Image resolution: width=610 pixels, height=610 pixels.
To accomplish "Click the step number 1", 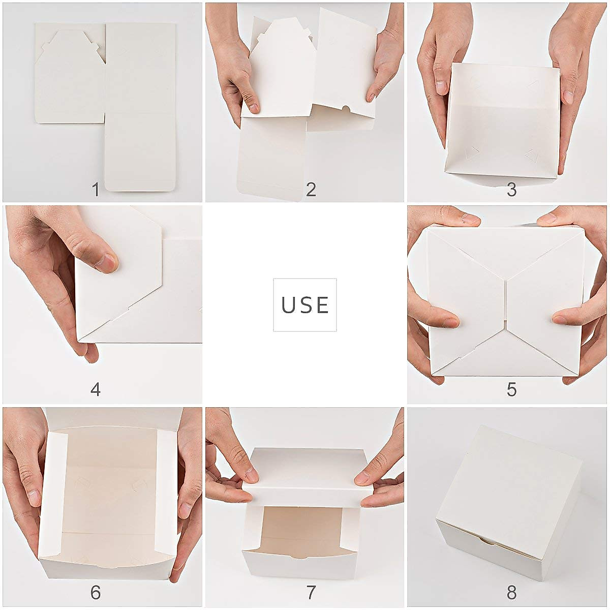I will tap(96, 190).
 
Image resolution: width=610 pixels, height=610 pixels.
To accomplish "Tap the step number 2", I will tap(311, 190).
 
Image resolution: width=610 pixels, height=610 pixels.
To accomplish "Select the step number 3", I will tap(511, 190).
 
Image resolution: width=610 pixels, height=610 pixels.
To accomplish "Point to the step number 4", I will tap(96, 390).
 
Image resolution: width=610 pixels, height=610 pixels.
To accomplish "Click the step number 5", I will tap(511, 390).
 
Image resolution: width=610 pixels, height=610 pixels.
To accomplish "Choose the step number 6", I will tap(96, 592).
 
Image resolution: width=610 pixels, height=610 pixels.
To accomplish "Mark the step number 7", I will tap(311, 592).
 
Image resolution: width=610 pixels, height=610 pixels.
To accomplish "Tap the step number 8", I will tap(511, 592).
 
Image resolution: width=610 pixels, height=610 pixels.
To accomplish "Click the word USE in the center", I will tap(305, 305).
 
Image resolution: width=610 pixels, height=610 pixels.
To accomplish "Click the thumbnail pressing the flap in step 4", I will tap(107, 263).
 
